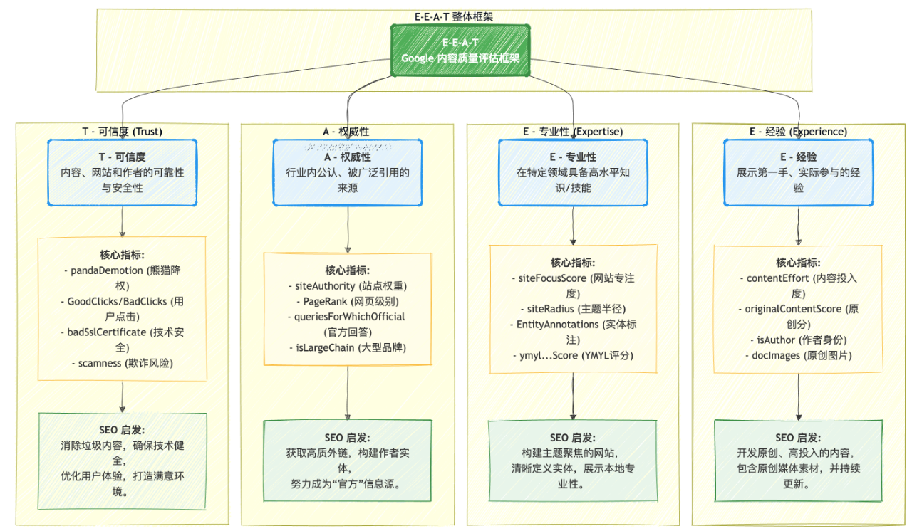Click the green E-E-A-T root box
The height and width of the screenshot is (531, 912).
pyautogui.click(x=460, y=51)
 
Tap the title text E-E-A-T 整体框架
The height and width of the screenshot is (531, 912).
pyautogui.click(x=454, y=16)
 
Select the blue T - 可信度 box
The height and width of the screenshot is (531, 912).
pyautogui.click(x=122, y=172)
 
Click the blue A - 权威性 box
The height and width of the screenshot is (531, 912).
pyautogui.click(x=347, y=172)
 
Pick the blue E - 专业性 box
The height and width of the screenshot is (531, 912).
pyautogui.click(x=573, y=172)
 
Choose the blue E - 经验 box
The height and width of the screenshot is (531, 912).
pyautogui.click(x=798, y=172)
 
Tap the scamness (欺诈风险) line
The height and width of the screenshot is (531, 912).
pyautogui.click(x=122, y=363)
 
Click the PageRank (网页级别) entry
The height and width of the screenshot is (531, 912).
pyautogui.click(x=347, y=301)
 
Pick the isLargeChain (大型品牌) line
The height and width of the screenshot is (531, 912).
pyautogui.click(x=347, y=347)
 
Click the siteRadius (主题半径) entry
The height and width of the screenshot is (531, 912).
pyautogui.click(x=573, y=308)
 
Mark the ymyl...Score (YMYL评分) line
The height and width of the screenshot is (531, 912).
pyautogui.click(x=573, y=355)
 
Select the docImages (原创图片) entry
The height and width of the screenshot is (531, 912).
pyautogui.click(x=798, y=355)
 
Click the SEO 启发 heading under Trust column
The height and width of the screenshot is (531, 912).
pyautogui.click(x=122, y=430)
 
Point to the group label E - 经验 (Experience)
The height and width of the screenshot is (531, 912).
pyautogui.click(x=798, y=132)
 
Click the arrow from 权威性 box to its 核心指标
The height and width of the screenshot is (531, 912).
pyautogui.click(x=347, y=228)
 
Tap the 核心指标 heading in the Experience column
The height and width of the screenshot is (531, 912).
pyautogui.click(x=798, y=263)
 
